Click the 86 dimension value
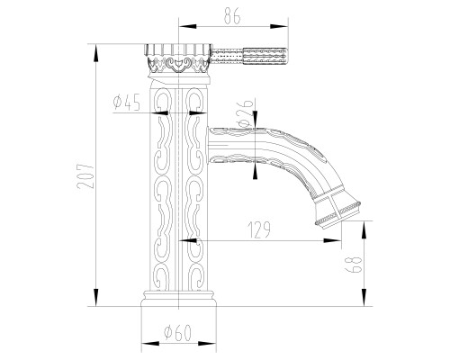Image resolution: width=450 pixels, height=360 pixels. pyautogui.click(x=232, y=17)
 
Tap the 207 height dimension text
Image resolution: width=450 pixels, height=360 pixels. pyautogui.click(x=85, y=175)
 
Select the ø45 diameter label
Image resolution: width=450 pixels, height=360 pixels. pyautogui.click(x=127, y=103)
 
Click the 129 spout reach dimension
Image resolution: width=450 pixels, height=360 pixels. pyautogui.click(x=260, y=229)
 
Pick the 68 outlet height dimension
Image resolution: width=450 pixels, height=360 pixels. pyautogui.click(x=355, y=264)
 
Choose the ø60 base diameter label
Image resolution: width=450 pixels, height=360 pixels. pyautogui.click(x=177, y=333)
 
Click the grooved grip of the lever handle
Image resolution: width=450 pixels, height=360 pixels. pyautogui.click(x=265, y=56)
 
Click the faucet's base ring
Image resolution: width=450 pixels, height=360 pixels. pyautogui.click(x=178, y=299)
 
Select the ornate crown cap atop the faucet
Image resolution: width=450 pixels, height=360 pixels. pyautogui.click(x=178, y=59)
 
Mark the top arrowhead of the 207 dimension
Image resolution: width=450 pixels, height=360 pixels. pyautogui.click(x=96, y=53)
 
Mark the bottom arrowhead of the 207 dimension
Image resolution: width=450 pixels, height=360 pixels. pyautogui.click(x=96, y=298)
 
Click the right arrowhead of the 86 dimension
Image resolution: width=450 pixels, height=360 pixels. pyautogui.click(x=279, y=26)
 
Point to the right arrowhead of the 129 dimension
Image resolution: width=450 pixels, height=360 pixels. pyautogui.click(x=332, y=240)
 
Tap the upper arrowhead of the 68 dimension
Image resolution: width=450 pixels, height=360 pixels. pyautogui.click(x=364, y=229)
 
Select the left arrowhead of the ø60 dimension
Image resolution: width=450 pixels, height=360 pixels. pyautogui.click(x=150, y=343)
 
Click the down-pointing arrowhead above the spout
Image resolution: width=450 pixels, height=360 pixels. pyautogui.click(x=255, y=120)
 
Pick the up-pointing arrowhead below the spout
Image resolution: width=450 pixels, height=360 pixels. pyautogui.click(x=255, y=170)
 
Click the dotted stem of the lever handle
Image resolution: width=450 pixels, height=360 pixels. pyautogui.click(x=228, y=56)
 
